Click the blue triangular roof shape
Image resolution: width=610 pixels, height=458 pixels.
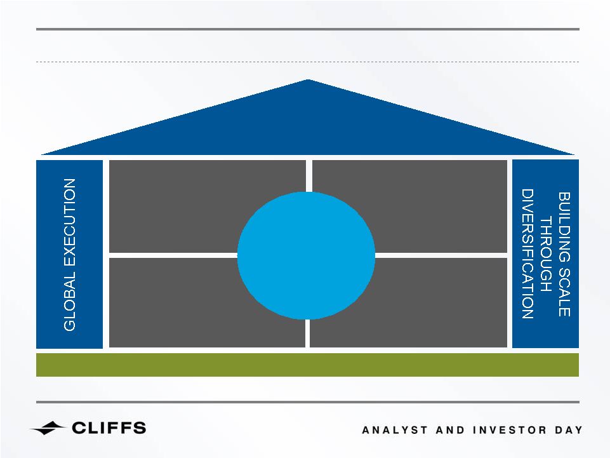308,125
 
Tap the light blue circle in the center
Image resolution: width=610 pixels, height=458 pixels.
306,255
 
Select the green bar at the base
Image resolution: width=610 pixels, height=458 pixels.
307,365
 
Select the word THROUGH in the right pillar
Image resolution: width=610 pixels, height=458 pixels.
546,255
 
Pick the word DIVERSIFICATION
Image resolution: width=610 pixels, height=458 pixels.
527,254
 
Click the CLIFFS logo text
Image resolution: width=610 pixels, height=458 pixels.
109,428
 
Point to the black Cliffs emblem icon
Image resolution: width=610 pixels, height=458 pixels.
48,428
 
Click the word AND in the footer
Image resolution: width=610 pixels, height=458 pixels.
450,430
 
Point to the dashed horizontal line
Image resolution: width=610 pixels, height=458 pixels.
307,62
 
